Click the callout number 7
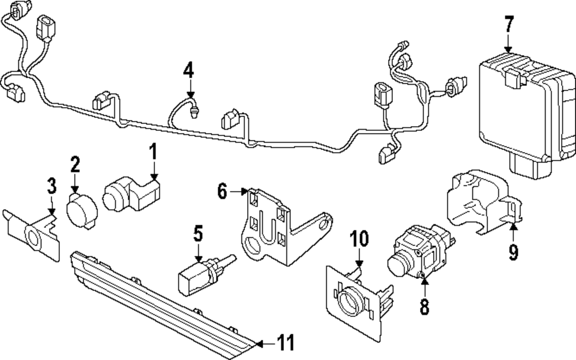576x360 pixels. click(x=508, y=25)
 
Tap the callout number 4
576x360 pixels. click(x=188, y=70)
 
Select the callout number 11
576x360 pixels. click(x=286, y=343)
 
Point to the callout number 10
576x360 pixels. click(x=358, y=239)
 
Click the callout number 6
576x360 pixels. click(x=222, y=191)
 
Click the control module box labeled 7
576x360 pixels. click(x=528, y=116)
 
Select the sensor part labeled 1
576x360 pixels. click(x=131, y=193)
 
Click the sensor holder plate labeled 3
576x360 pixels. click(x=32, y=236)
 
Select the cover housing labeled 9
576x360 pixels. click(x=484, y=202)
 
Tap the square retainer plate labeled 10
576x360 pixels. click(x=358, y=302)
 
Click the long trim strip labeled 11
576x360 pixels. click(x=164, y=305)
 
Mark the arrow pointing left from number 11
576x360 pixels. click(x=265, y=344)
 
